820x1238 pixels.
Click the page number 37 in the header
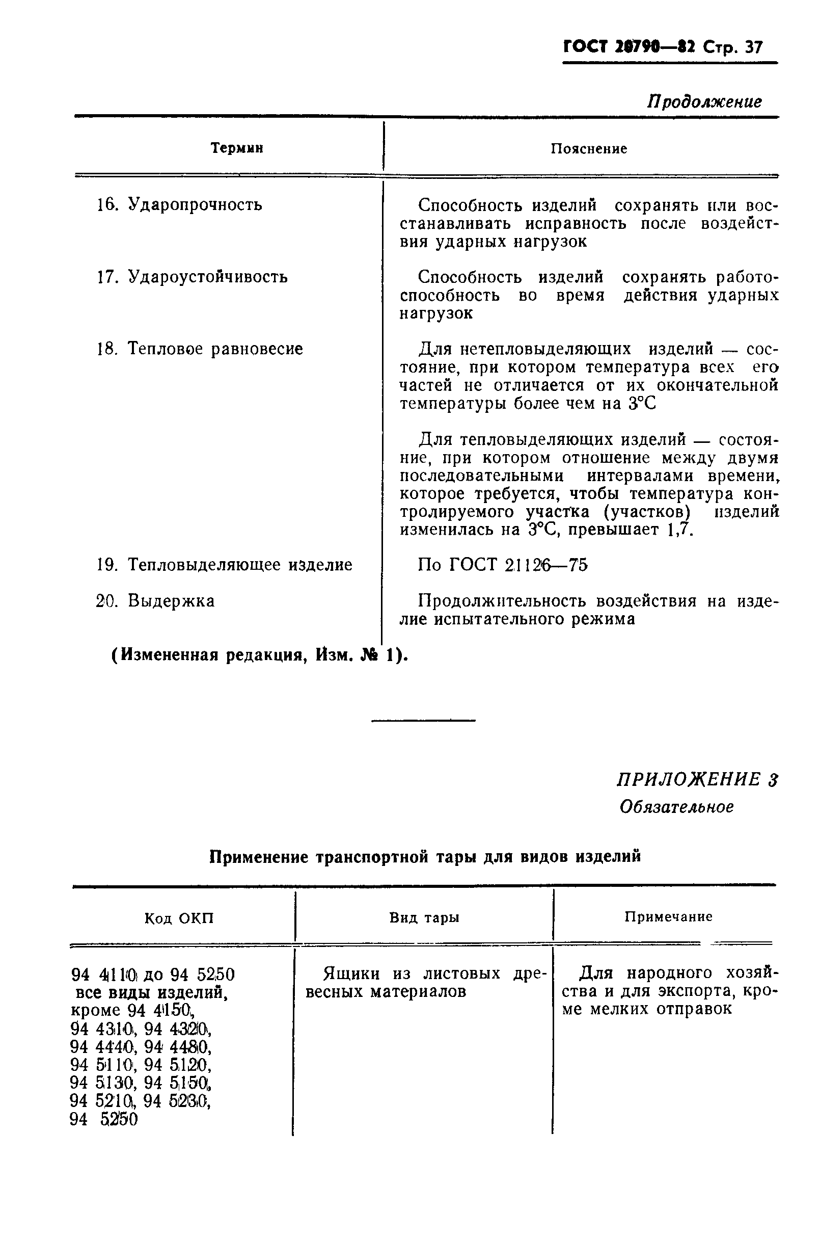(753, 48)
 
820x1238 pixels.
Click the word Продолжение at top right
(704, 101)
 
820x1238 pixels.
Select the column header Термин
(237, 149)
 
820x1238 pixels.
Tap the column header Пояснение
(589, 149)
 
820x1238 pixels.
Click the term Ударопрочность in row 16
(195, 204)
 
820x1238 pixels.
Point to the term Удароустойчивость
(207, 276)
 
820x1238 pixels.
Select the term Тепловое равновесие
(215, 349)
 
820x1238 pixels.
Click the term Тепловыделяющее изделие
(239, 565)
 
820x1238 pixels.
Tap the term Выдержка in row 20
(171, 601)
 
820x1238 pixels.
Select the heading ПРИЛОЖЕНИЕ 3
(697, 780)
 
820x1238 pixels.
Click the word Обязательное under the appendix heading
(676, 807)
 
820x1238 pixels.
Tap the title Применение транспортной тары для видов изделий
(425, 857)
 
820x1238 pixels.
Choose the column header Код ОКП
(179, 918)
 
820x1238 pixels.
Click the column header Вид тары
(424, 918)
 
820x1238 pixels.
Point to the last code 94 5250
(103, 1119)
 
